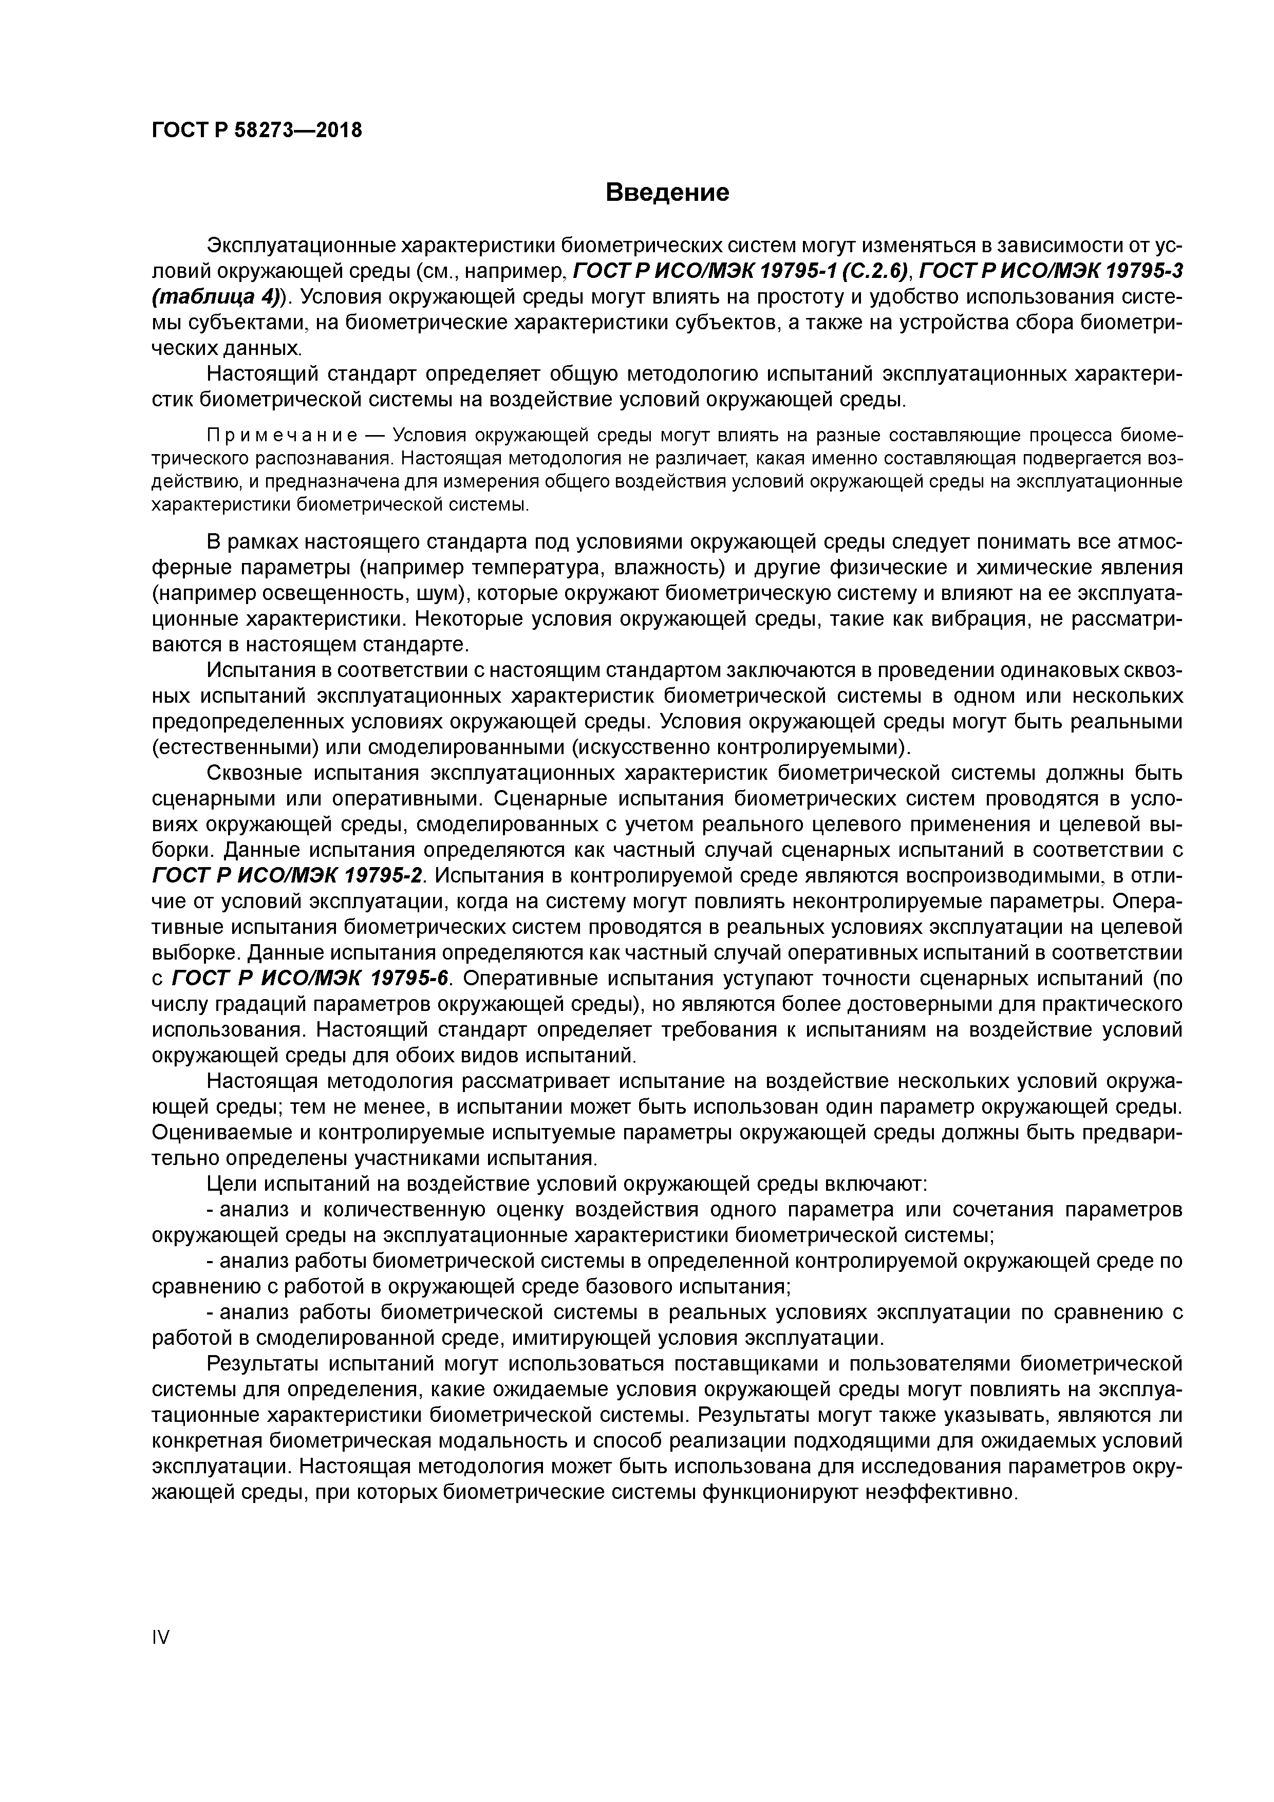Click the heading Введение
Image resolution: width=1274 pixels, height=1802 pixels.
[x=667, y=192]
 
